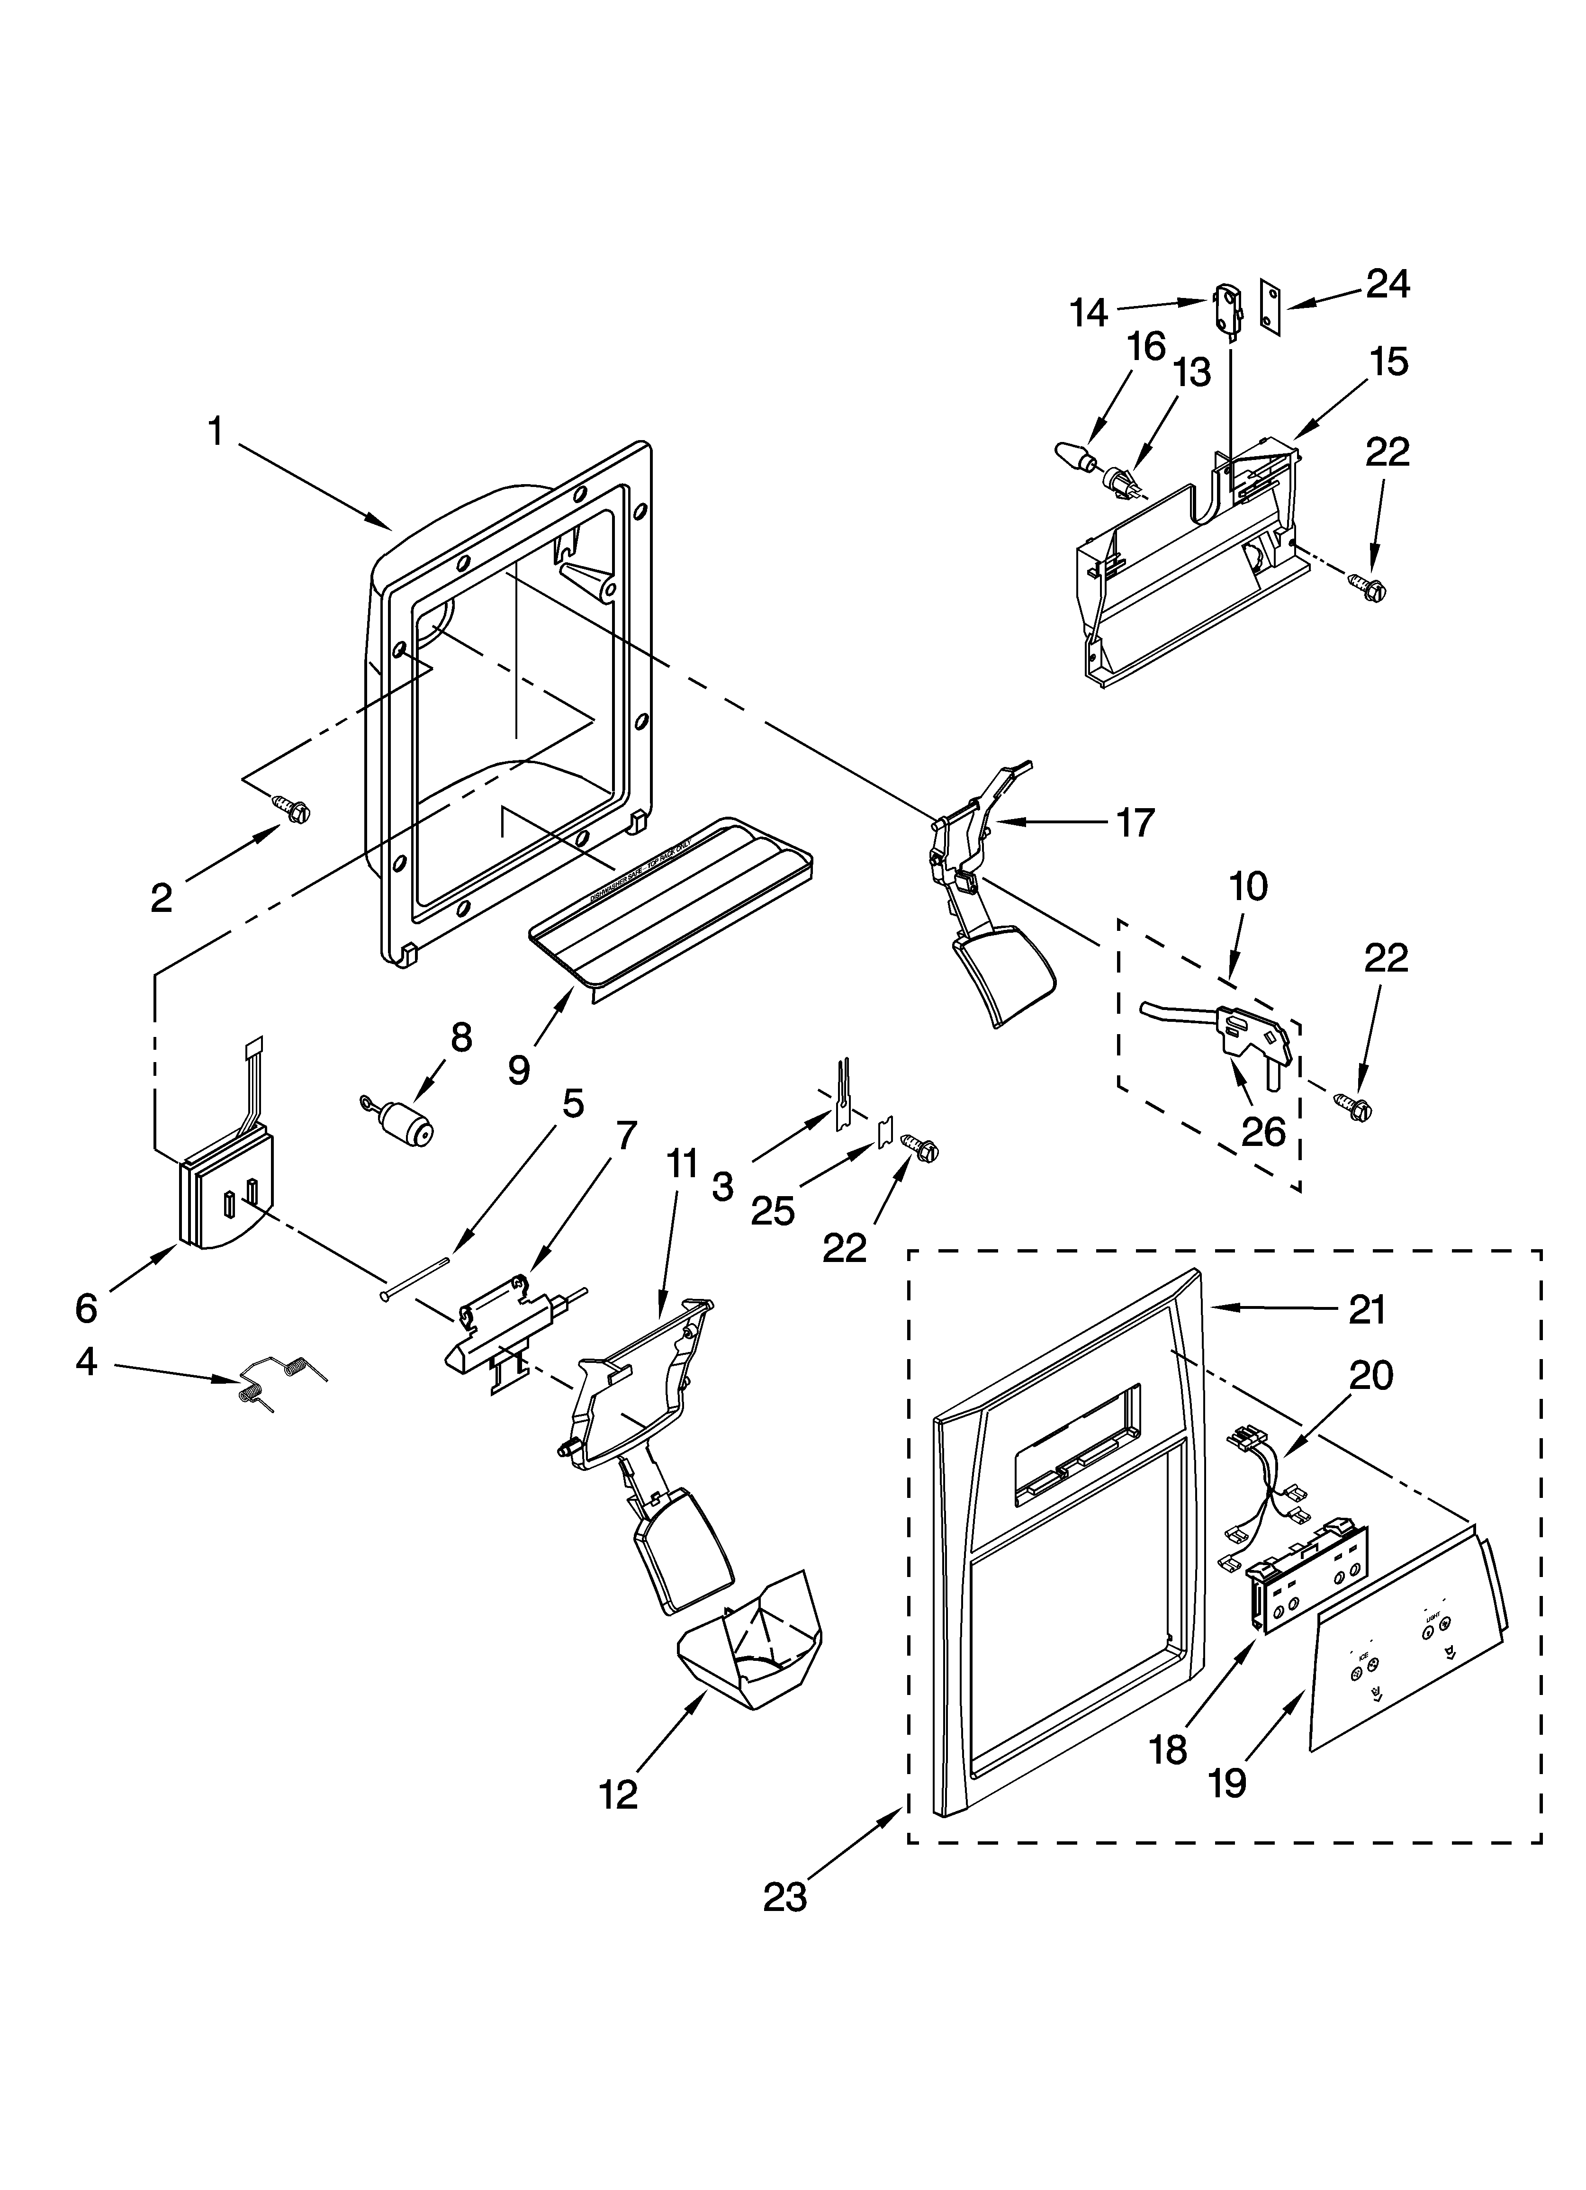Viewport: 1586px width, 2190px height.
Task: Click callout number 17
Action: coord(1135,823)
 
